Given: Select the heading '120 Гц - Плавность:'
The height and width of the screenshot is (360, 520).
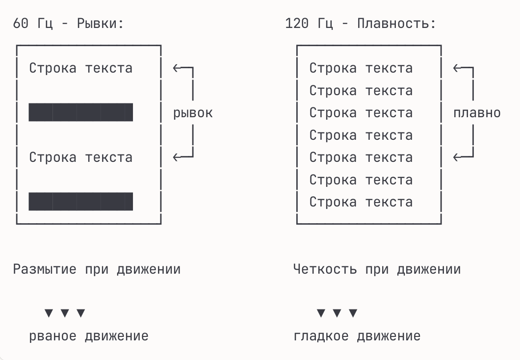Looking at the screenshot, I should pyautogui.click(x=360, y=24).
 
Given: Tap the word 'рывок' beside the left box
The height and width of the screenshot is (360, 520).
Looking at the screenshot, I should pyautogui.click(x=193, y=113).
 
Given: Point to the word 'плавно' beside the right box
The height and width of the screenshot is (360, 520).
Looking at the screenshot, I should pyautogui.click(x=477, y=113).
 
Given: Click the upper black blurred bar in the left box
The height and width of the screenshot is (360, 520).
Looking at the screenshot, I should pyautogui.click(x=81, y=112).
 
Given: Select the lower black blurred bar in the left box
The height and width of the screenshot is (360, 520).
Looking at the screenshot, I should pyautogui.click(x=81, y=202).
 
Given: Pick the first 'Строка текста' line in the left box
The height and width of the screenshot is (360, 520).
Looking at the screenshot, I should pyautogui.click(x=81, y=68).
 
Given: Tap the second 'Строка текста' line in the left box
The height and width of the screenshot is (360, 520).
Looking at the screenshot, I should pyautogui.click(x=81, y=157).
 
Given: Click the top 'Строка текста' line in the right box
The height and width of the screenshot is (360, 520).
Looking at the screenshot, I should pyautogui.click(x=361, y=68).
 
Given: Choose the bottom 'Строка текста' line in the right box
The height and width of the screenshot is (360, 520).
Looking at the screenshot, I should pyautogui.click(x=361, y=202).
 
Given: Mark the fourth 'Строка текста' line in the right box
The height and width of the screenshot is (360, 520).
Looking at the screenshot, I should pyautogui.click(x=361, y=135).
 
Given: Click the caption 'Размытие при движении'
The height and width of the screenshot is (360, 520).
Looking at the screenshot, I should pyautogui.click(x=97, y=269).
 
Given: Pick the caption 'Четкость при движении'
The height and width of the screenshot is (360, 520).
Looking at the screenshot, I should pyautogui.click(x=377, y=269).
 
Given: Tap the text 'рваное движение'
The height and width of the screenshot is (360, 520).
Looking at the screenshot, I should pyautogui.click(x=89, y=336).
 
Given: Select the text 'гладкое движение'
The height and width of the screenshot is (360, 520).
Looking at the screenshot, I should pyautogui.click(x=357, y=336).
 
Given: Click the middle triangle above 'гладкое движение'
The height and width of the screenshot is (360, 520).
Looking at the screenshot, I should pyautogui.click(x=337, y=313).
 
